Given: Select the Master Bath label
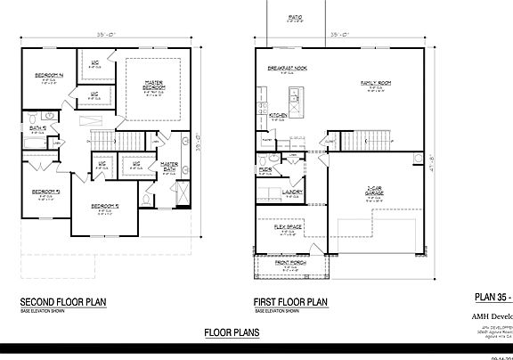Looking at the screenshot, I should [x=169, y=165].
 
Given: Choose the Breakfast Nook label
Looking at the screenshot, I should [x=286, y=69].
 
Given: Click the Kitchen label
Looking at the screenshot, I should [x=278, y=115].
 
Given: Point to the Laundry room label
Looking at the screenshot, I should [x=293, y=191].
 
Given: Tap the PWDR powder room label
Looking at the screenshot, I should [x=265, y=168].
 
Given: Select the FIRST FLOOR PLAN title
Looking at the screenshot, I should [x=291, y=303].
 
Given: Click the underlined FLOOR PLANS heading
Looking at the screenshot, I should [x=232, y=332].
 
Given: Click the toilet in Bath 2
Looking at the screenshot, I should [x=31, y=118].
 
